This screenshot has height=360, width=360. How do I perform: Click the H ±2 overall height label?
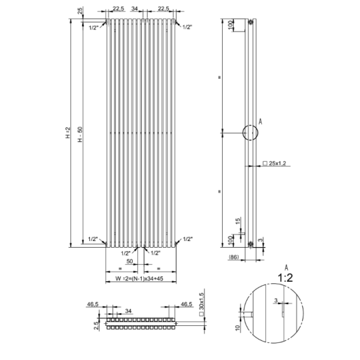pos(68,133)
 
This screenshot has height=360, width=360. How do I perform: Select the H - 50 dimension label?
pos(80,134)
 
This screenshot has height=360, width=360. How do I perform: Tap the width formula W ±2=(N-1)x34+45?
pos(139,279)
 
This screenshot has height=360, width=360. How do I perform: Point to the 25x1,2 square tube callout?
pos(275,163)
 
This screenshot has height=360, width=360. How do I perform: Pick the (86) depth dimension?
pos(234,257)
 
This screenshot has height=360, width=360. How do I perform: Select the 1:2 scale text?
pos(285,278)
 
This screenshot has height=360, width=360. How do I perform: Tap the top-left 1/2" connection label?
pos(93,28)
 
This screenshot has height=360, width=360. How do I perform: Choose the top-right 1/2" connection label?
pos(187,27)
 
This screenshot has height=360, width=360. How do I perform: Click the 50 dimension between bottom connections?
pos(129,261)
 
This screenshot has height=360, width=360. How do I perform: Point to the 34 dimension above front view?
pos(134,9)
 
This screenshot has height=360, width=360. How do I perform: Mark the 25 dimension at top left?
pos(80,11)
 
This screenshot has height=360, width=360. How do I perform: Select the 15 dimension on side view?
pos(238,221)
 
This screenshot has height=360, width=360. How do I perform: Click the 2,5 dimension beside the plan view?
pos(97,325)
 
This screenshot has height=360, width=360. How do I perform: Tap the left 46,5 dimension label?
pos(93,304)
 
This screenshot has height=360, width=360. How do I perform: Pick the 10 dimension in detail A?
pos(238,327)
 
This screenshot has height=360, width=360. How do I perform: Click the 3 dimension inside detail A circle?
pos(276,300)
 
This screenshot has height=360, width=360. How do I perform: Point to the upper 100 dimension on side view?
pos(231,24)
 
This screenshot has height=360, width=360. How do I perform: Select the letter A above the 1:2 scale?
pos(286,267)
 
